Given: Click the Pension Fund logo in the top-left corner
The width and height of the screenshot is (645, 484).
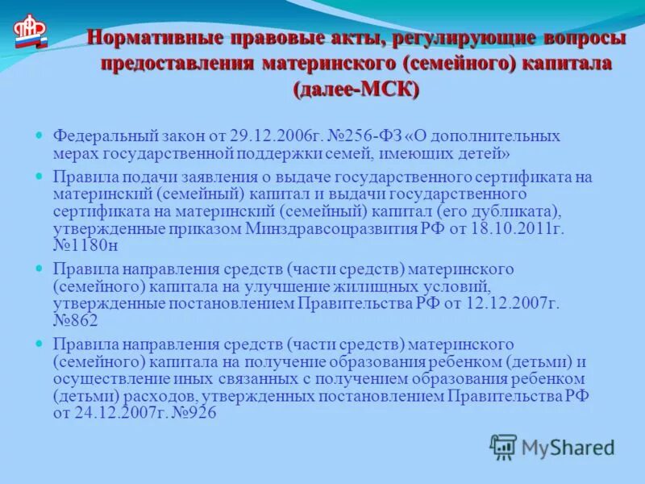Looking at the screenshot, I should click(30, 33).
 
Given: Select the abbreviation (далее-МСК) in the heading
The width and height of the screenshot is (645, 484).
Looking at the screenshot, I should click(356, 89).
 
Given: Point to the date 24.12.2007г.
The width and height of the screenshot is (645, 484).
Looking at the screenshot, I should click(114, 412).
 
